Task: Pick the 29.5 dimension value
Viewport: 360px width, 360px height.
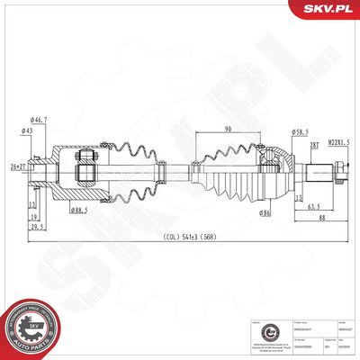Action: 37,227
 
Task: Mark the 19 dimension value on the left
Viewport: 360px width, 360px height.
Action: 32,217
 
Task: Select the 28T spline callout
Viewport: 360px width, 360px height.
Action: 315,144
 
